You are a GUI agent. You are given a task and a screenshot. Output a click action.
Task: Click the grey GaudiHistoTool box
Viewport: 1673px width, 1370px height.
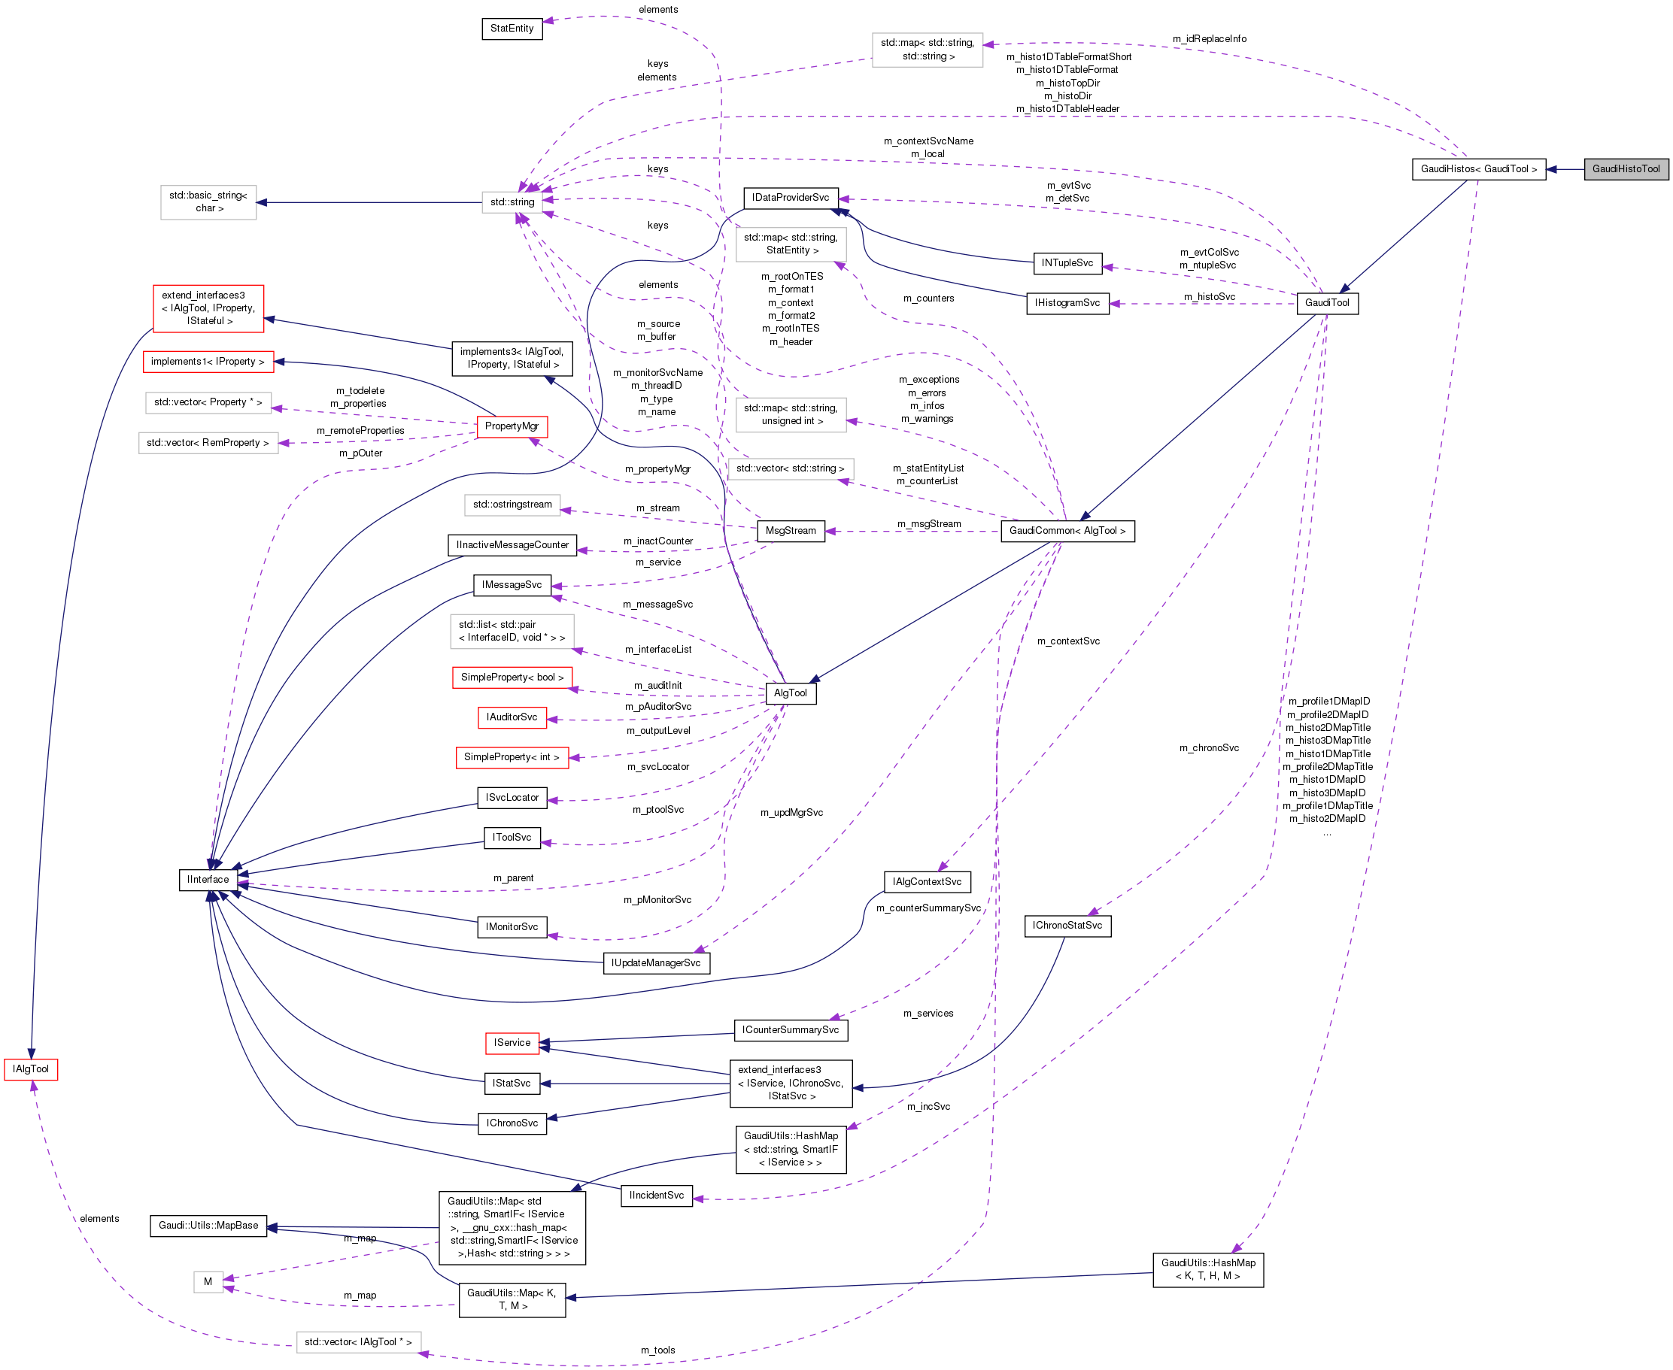pyautogui.click(x=1625, y=169)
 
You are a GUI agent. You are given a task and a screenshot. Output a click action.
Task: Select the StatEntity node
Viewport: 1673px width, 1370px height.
pyautogui.click(x=512, y=29)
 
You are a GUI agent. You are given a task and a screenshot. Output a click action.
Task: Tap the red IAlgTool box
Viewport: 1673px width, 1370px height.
pyautogui.click(x=30, y=1068)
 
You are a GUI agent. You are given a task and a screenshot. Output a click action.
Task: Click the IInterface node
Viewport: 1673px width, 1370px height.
pyautogui.click(x=208, y=879)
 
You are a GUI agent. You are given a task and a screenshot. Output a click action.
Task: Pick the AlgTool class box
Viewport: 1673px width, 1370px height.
pyautogui.click(x=791, y=693)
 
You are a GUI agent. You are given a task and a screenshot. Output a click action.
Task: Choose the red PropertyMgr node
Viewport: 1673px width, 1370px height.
pyautogui.click(x=512, y=426)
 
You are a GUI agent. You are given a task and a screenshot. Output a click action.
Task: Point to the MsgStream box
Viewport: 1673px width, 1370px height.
pyautogui.click(x=791, y=531)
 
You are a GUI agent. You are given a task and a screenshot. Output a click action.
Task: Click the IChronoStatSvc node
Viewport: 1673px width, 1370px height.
pyautogui.click(x=1067, y=925)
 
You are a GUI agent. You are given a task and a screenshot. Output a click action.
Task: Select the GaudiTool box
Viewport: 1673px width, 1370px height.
pyautogui.click(x=1326, y=303)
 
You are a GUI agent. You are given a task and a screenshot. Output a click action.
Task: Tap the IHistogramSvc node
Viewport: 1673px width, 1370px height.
pyautogui.click(x=1067, y=303)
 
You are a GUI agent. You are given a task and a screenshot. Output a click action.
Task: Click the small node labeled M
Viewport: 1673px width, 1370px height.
pyautogui.click(x=208, y=1281)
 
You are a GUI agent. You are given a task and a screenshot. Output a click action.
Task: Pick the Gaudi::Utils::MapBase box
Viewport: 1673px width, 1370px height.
pyautogui.click(x=208, y=1226)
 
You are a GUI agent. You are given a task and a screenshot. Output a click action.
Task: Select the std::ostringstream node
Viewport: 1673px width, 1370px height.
pyautogui.click(x=512, y=505)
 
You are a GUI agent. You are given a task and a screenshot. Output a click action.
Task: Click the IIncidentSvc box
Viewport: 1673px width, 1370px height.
pyautogui.click(x=656, y=1196)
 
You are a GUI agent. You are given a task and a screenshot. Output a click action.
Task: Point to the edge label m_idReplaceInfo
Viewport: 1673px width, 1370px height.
pyautogui.click(x=1209, y=38)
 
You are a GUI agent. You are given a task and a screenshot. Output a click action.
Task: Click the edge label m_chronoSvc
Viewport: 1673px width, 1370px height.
pyautogui.click(x=1209, y=747)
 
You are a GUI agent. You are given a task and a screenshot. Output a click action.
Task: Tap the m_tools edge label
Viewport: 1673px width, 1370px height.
pyautogui.click(x=657, y=1350)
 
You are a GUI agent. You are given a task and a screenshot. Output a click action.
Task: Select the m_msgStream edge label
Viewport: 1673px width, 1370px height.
pyautogui.click(x=928, y=524)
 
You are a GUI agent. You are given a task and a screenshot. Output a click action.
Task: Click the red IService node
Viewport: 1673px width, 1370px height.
pyautogui.click(x=512, y=1042)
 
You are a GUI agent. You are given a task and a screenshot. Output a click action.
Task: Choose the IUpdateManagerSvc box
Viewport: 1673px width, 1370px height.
pyautogui.click(x=656, y=962)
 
